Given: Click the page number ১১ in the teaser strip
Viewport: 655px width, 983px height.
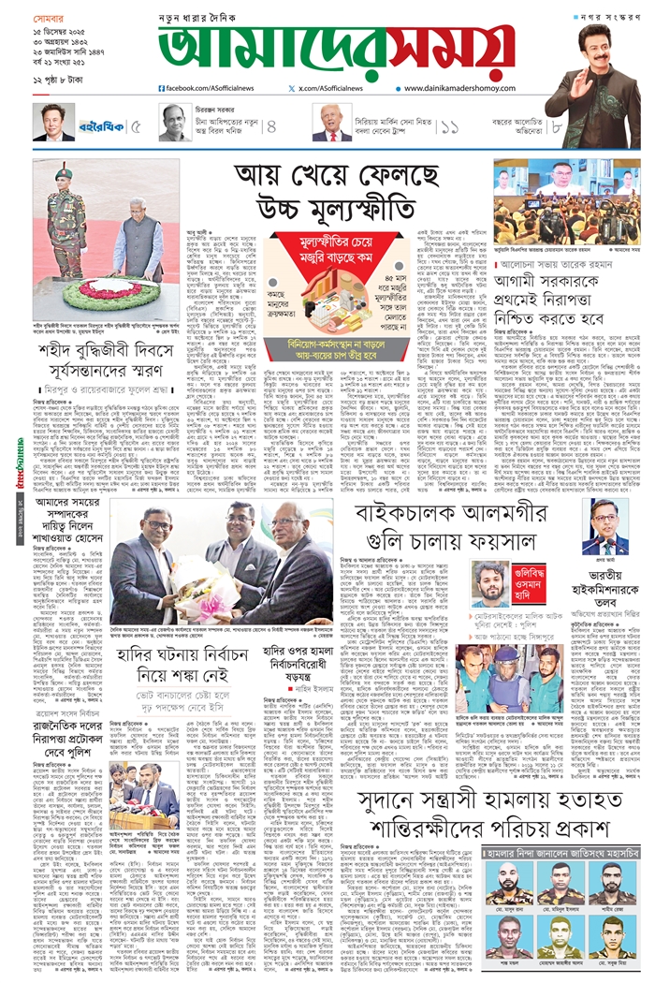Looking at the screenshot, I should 449,124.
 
